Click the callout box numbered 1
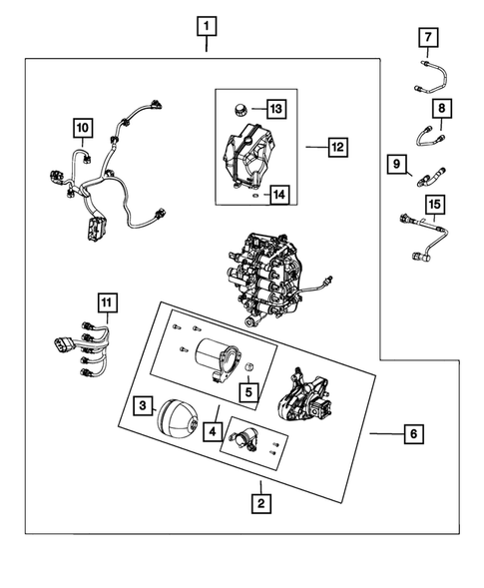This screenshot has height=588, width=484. pyautogui.click(x=207, y=26)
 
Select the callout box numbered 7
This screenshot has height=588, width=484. pyautogui.click(x=428, y=37)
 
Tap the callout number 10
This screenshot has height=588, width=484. pyautogui.click(x=83, y=128)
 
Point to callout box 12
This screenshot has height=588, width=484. pyautogui.click(x=337, y=147)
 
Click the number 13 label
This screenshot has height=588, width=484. pyautogui.click(x=276, y=109)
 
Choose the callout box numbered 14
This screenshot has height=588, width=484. pyautogui.click(x=279, y=195)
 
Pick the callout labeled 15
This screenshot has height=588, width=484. pyautogui.click(x=435, y=205)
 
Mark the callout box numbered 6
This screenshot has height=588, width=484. pyautogui.click(x=414, y=434)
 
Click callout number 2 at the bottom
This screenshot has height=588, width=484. pyautogui.click(x=261, y=503)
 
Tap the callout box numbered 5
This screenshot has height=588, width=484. pyautogui.click(x=248, y=392)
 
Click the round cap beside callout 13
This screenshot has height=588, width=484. pyautogui.click(x=239, y=110)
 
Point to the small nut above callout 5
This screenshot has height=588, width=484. pyautogui.click(x=248, y=366)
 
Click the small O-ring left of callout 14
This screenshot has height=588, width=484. pyautogui.click(x=254, y=196)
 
